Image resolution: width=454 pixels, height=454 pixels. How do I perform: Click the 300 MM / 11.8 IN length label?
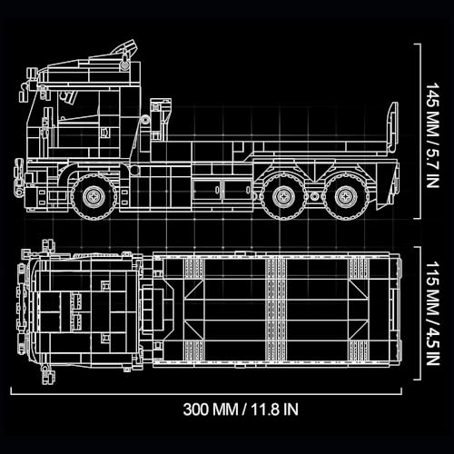[x=241, y=410]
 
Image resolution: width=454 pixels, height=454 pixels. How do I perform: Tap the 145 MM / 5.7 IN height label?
[x=432, y=135]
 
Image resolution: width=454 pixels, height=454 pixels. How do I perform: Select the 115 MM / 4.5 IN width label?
[x=432, y=313]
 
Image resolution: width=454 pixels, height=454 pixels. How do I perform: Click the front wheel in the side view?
[x=94, y=197]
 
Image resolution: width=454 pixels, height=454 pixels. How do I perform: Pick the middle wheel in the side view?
[x=283, y=197]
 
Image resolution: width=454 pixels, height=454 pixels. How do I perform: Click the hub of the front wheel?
[x=94, y=197]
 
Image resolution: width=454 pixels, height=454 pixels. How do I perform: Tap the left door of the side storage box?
[x=207, y=191]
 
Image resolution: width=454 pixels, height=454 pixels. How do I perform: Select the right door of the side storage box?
[x=237, y=191]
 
